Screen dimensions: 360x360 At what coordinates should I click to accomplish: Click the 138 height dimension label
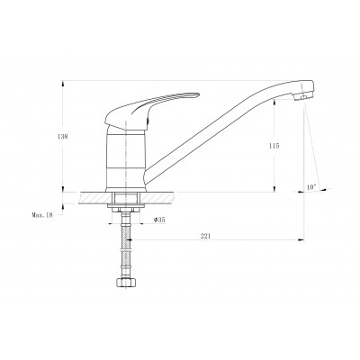pos(63,137)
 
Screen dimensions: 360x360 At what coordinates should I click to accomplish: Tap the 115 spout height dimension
pos(274,146)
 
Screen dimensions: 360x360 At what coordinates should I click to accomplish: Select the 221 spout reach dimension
pos(205,236)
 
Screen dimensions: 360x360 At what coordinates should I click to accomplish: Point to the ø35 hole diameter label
pos(159,220)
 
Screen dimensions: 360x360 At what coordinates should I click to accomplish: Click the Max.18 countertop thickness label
pos(42,215)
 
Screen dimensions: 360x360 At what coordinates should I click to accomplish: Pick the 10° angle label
pos(311,187)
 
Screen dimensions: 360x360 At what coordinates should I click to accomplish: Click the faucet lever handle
pos(151,111)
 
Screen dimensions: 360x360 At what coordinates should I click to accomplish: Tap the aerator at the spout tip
pos(301,96)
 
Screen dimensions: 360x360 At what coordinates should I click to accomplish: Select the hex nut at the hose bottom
pos(126,283)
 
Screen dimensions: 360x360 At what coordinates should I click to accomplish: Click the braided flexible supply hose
pos(126,246)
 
